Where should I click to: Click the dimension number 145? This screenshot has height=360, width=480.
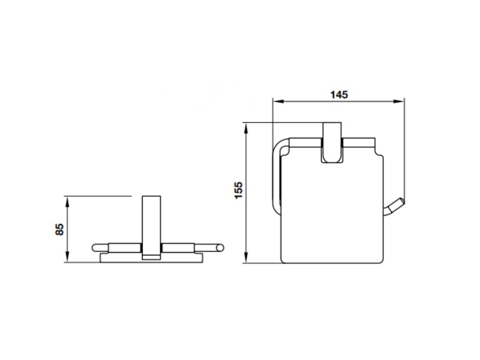(339, 95)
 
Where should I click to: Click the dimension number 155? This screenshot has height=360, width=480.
(238, 190)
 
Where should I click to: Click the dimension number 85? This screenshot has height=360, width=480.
(59, 229)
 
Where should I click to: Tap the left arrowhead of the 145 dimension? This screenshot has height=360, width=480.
(278, 101)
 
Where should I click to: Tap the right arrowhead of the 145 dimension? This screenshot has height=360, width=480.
(399, 101)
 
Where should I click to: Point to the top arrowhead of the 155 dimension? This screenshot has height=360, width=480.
(245, 128)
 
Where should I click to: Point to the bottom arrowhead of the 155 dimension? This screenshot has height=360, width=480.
(245, 257)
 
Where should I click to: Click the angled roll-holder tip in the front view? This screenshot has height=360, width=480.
(395, 206)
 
